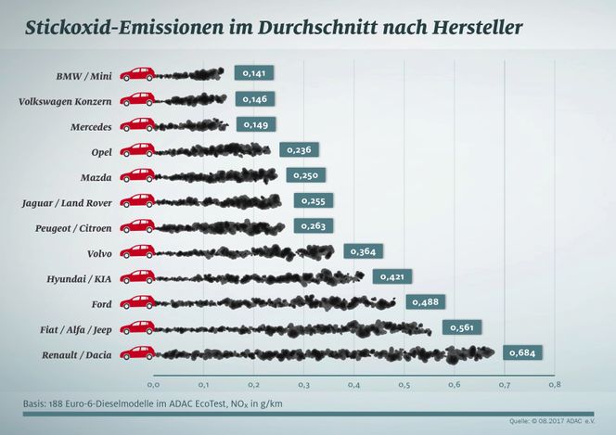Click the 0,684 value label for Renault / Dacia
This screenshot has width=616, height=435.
[x=522, y=352]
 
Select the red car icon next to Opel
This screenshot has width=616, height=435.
[x=137, y=149]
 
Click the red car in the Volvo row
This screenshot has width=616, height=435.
[x=137, y=250]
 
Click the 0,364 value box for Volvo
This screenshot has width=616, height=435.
[x=364, y=250]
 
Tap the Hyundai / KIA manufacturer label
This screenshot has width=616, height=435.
[x=82, y=277]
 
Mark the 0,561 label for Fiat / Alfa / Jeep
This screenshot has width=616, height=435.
[x=461, y=326]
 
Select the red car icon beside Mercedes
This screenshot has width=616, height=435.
[x=137, y=124]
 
